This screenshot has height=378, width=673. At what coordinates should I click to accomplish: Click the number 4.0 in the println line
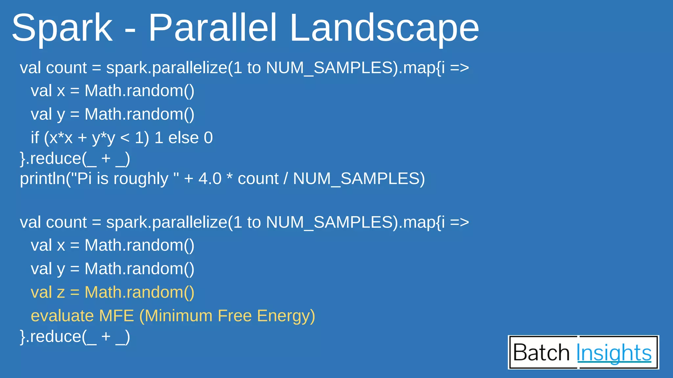point(210,179)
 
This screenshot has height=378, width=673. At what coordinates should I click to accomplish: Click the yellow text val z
point(48,292)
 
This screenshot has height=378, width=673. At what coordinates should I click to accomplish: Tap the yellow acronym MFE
point(116,316)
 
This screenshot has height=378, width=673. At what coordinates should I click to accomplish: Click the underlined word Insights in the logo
point(614,353)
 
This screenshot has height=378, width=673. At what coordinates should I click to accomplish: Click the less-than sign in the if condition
point(125,138)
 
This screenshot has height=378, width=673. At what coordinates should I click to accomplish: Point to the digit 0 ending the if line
point(208,138)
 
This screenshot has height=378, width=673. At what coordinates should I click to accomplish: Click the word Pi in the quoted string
point(84,179)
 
